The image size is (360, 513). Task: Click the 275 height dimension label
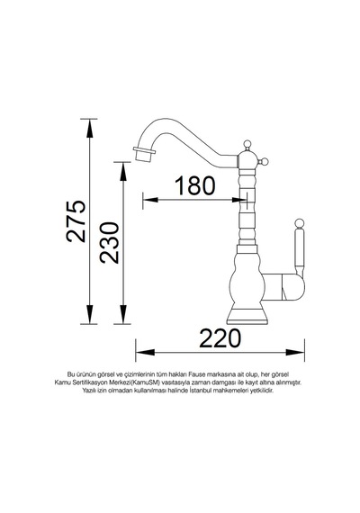[76, 221]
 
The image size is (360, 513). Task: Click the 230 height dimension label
[110, 242]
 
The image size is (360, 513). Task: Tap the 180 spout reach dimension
[195, 185]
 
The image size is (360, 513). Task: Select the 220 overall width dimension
[220, 338]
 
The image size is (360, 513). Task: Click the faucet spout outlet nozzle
[144, 154]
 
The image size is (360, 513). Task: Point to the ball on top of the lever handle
[299, 223]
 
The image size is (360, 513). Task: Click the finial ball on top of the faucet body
[247, 144]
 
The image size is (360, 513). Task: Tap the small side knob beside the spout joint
[263, 161]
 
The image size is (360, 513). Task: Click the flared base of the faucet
[247, 316]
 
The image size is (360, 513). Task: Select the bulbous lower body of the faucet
[247, 281]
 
